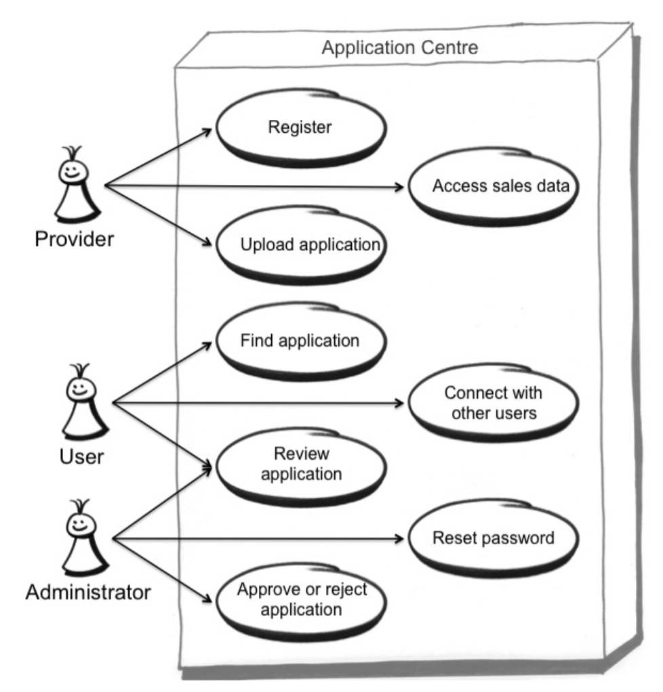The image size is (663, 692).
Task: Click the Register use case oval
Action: [300, 127]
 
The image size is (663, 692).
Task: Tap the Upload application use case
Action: [301, 245]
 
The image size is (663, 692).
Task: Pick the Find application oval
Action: [300, 341]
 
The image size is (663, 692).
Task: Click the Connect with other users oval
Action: [493, 402]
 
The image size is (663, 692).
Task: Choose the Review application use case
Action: [300, 463]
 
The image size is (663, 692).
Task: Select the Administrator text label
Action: [88, 593]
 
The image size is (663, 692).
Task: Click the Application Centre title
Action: [399, 48]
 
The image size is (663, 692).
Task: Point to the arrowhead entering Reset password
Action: [399, 540]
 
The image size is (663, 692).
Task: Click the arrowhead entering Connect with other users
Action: [399, 404]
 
